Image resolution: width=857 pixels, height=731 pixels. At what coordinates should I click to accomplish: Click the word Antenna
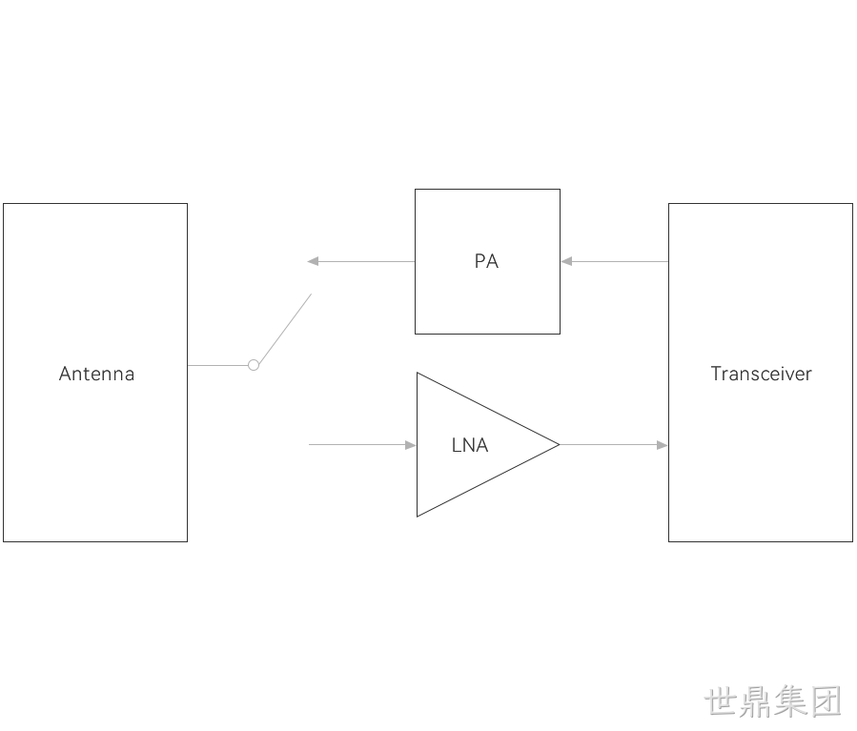[x=96, y=374]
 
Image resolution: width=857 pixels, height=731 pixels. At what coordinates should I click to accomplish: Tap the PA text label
[x=486, y=261]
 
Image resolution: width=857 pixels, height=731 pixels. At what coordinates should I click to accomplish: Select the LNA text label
[x=470, y=445]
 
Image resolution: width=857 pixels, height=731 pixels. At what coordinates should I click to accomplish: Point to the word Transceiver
[x=761, y=374]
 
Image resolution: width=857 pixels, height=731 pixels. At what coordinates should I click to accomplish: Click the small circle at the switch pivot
[x=254, y=365]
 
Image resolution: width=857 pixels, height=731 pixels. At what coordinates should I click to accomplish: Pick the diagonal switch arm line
[x=285, y=329]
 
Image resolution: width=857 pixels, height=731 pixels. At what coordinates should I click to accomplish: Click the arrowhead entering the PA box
[x=566, y=262]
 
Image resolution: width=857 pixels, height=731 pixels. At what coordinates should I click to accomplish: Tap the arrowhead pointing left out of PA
[x=313, y=262]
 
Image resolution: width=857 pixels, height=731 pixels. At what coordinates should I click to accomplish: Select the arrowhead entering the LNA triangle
[x=411, y=445]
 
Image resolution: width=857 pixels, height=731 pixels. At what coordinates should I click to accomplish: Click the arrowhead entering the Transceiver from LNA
[x=662, y=445]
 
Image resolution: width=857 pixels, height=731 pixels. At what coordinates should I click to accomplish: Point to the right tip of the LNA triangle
[x=560, y=445]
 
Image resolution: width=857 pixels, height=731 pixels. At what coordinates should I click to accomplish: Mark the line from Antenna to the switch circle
[x=217, y=365]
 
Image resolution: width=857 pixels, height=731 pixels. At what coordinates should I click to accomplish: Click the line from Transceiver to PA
[x=615, y=262]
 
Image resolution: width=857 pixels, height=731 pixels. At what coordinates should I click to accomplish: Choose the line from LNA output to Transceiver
[x=613, y=445]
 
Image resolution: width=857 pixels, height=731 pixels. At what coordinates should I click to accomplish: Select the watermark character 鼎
[x=755, y=701]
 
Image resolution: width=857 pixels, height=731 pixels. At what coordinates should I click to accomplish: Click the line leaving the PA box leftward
[x=361, y=262]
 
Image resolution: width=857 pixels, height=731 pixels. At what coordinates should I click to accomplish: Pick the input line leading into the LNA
[x=362, y=445]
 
